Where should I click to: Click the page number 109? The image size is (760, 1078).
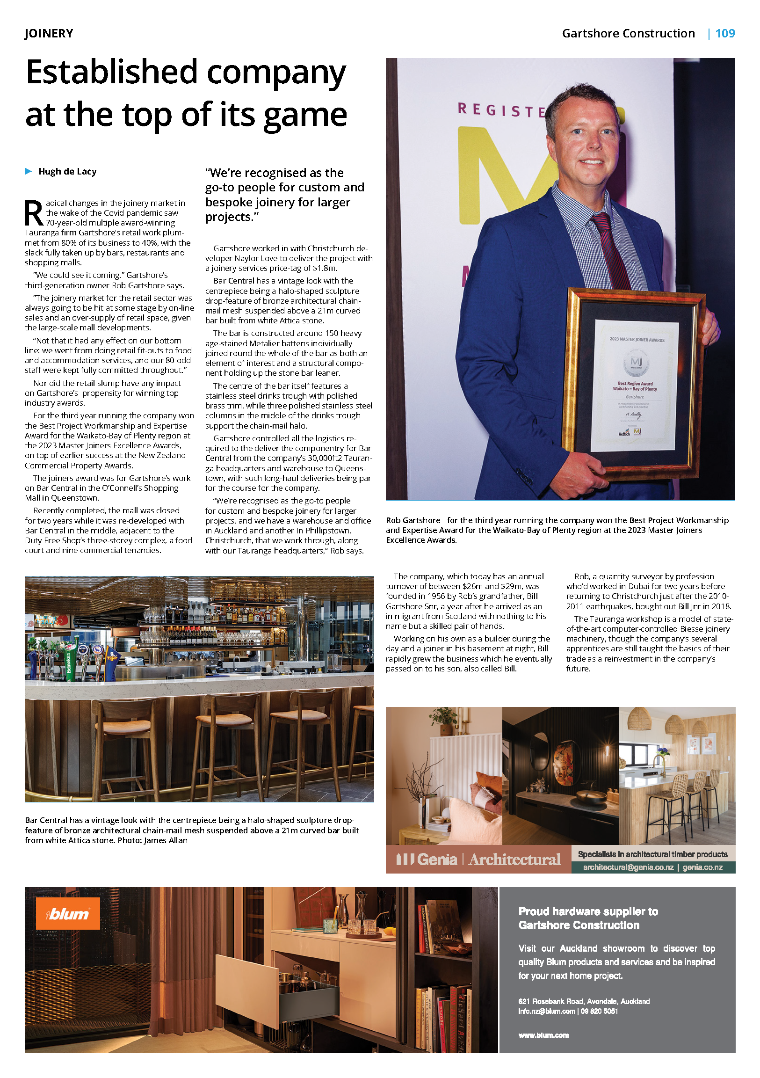[724, 33]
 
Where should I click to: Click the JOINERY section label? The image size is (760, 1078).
[49, 33]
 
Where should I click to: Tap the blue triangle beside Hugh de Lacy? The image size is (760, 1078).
[28, 171]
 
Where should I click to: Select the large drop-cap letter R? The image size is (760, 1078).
[34, 214]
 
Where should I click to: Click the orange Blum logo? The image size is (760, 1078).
[68, 913]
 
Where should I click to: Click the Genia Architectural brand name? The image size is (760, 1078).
[478, 859]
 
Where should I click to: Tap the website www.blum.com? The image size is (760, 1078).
[543, 1035]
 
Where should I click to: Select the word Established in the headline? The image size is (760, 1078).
[112, 73]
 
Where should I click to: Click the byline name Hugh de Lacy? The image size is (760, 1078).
[67, 171]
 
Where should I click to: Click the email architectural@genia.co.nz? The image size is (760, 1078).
[628, 867]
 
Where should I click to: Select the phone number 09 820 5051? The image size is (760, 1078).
[599, 1011]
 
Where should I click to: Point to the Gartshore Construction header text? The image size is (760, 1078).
[628, 33]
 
